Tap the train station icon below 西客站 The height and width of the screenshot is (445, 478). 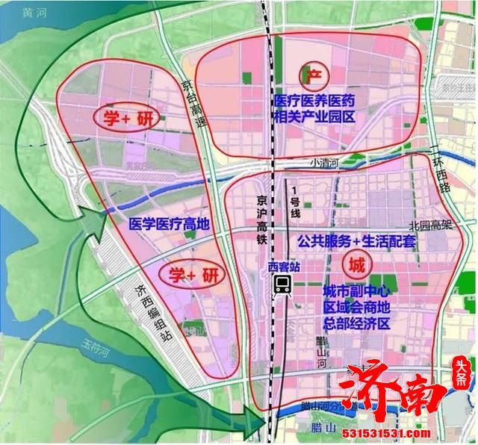[283, 284]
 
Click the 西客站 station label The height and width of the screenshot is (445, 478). [283, 265]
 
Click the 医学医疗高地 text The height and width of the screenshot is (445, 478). [170, 222]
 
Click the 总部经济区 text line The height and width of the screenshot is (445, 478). [357, 323]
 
